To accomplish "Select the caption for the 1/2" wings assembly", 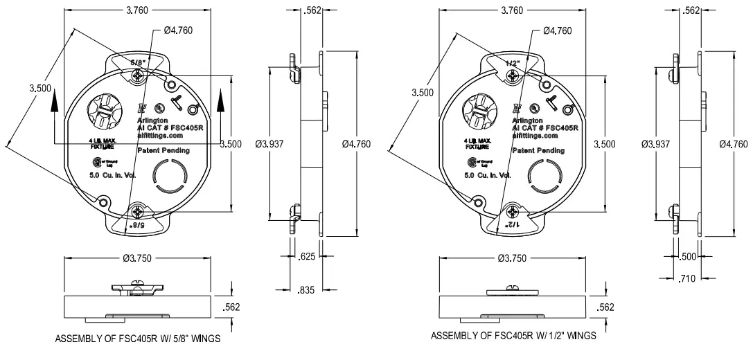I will point(513,336).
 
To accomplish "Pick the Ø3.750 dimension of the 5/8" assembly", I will point(138,258).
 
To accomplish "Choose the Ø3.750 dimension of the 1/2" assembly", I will point(513,258).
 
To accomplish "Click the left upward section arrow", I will point(53,102).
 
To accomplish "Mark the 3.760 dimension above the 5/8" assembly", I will point(137,10).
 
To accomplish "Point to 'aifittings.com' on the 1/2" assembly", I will point(538,137).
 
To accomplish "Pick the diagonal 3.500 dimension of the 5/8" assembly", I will point(41,88).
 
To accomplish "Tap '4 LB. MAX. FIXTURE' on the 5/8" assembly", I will point(103,143).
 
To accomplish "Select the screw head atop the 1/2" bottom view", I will point(513,287).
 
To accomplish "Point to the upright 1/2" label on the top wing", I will point(513,62).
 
